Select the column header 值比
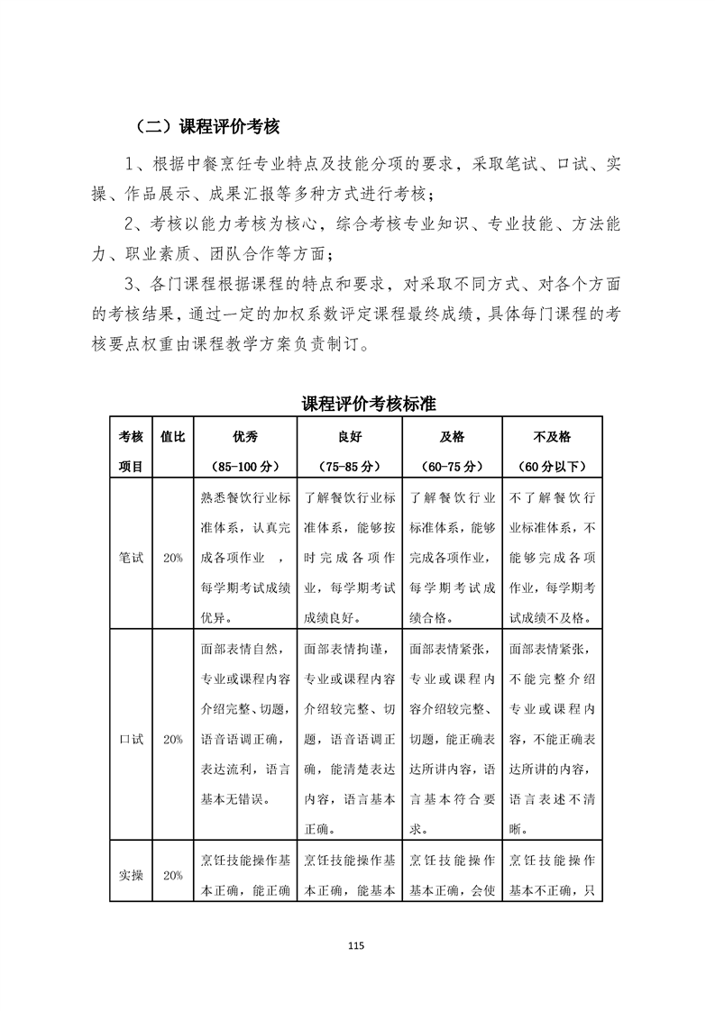coord(172,437)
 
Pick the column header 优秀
coord(245,437)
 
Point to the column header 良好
coord(348,437)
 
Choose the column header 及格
coord(452,437)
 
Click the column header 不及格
coord(552,437)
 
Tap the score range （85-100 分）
coord(245,467)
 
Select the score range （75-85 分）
coord(348,467)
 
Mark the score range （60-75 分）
coord(452,467)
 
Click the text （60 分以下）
coord(552,467)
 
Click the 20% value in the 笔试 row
coord(172,558)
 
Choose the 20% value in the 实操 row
coord(172,875)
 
